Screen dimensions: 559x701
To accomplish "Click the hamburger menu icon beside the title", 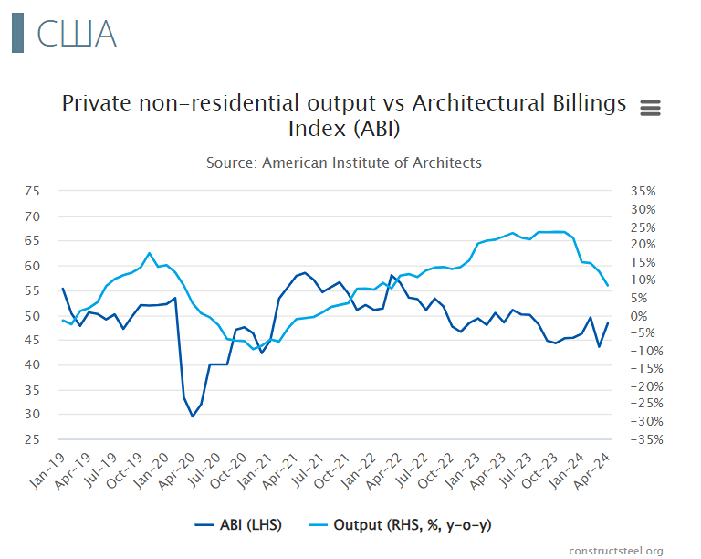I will click(x=650, y=108).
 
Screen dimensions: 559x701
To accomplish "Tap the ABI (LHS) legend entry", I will click(x=239, y=525).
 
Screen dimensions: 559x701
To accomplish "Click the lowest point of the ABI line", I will click(x=193, y=417).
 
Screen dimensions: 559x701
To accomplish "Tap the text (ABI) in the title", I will click(x=375, y=129).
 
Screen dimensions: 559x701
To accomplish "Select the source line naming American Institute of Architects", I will click(x=344, y=163).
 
